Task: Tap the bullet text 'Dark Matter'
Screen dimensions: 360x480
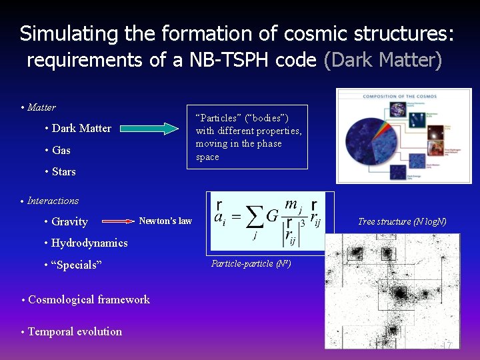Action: point(81,128)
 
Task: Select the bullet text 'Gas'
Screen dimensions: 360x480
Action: point(61,150)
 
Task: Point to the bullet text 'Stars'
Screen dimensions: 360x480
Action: point(64,171)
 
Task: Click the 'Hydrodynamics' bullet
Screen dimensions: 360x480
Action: point(89,243)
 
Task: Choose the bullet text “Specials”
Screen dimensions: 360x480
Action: point(76,265)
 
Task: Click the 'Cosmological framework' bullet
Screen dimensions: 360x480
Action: point(89,299)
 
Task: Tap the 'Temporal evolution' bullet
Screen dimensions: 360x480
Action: point(75,331)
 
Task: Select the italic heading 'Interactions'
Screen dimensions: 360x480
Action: point(53,201)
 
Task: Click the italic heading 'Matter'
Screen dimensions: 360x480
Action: point(41,107)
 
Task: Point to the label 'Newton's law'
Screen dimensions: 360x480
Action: point(165,221)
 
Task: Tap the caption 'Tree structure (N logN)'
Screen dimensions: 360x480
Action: point(402,221)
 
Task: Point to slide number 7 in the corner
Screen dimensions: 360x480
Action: point(449,345)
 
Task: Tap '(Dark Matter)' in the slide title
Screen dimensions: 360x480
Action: point(382,60)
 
